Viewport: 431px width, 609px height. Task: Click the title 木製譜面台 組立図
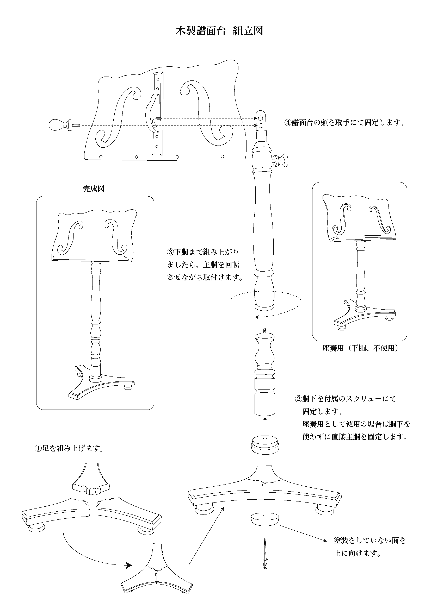pyautogui.click(x=219, y=31)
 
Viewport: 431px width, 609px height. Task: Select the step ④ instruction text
pyautogui.click(x=344, y=123)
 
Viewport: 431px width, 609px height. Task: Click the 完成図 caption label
pyautogui.click(x=94, y=189)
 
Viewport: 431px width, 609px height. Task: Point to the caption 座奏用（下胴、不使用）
pyautogui.click(x=360, y=348)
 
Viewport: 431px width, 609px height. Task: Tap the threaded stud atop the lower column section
pyautogui.click(x=264, y=330)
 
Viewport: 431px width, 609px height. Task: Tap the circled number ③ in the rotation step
pyautogui.click(x=170, y=252)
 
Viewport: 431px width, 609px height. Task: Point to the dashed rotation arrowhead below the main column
pyautogui.click(x=257, y=317)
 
